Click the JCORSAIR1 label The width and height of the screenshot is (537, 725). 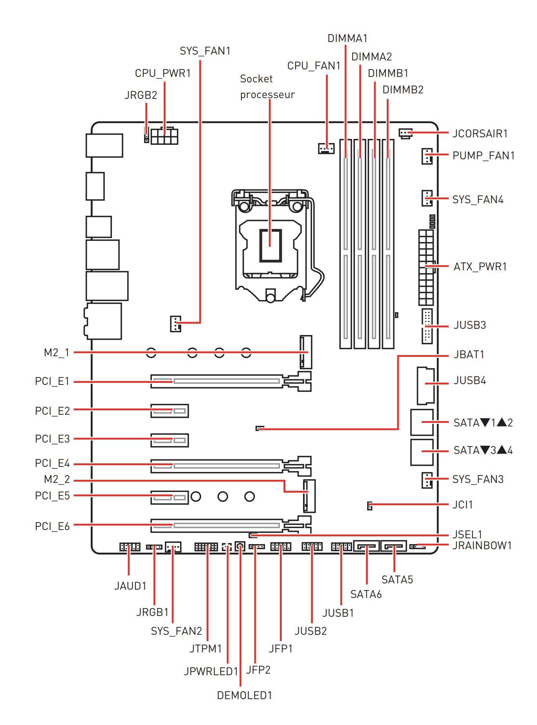[480, 133]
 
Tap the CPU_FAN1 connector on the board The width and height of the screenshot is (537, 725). [326, 148]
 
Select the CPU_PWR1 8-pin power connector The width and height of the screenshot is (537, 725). [164, 136]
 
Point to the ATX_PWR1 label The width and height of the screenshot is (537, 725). [480, 267]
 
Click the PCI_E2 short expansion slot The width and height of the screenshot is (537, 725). [170, 411]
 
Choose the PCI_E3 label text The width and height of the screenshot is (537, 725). [52, 439]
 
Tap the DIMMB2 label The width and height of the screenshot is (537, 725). [403, 90]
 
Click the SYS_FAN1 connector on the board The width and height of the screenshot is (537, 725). [175, 324]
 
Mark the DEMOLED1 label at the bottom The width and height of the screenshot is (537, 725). [245, 695]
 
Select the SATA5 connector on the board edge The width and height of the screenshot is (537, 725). [393, 546]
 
